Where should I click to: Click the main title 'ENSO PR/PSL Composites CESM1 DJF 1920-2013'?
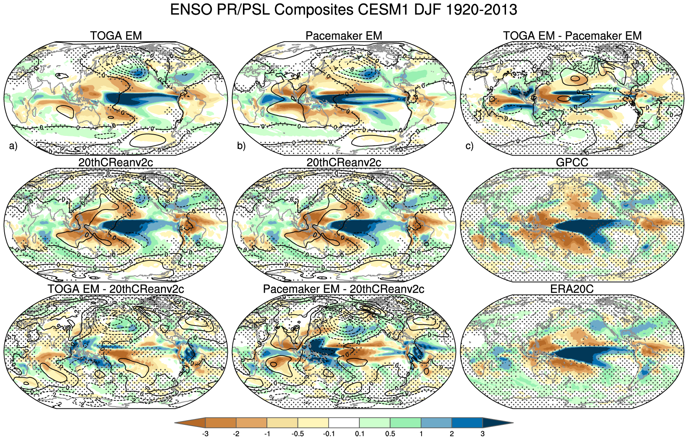343,9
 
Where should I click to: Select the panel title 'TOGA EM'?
116,36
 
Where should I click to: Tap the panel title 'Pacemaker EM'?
344,36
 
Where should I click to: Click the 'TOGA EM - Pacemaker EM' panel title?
572,36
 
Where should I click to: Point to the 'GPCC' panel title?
572,162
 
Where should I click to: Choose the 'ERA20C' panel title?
572,289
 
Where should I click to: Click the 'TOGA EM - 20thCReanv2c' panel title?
116,289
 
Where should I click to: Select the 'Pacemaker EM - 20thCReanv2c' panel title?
343,289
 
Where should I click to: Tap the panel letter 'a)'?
13,146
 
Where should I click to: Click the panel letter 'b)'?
241,146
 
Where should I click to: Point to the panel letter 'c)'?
469,146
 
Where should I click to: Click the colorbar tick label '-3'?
205,434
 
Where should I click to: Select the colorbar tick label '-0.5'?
298,434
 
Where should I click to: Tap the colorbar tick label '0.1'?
360,434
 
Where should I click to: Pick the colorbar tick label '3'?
482,434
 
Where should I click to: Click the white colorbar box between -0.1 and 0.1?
344,423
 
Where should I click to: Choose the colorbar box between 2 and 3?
467,423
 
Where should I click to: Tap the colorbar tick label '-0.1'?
328,434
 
